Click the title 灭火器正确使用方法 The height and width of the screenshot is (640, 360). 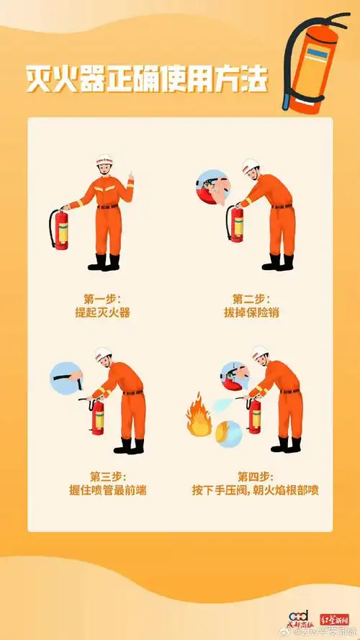pyautogui.click(x=147, y=78)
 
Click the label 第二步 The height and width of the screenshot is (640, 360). pyautogui.click(x=250, y=298)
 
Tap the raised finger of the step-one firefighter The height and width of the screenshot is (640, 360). pyautogui.click(x=131, y=176)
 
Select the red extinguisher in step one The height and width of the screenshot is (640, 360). pyautogui.click(x=60, y=229)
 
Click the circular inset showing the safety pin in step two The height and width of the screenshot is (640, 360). pyautogui.click(x=210, y=188)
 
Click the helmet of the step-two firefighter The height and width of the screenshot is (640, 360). pyautogui.click(x=250, y=165)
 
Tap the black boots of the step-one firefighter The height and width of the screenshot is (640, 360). pyautogui.click(x=105, y=261)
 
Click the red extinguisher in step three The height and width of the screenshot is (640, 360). pyautogui.click(x=97, y=417)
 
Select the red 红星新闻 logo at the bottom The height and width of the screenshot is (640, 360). pyautogui.click(x=335, y=618)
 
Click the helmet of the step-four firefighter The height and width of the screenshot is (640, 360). pyautogui.click(x=260, y=353)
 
